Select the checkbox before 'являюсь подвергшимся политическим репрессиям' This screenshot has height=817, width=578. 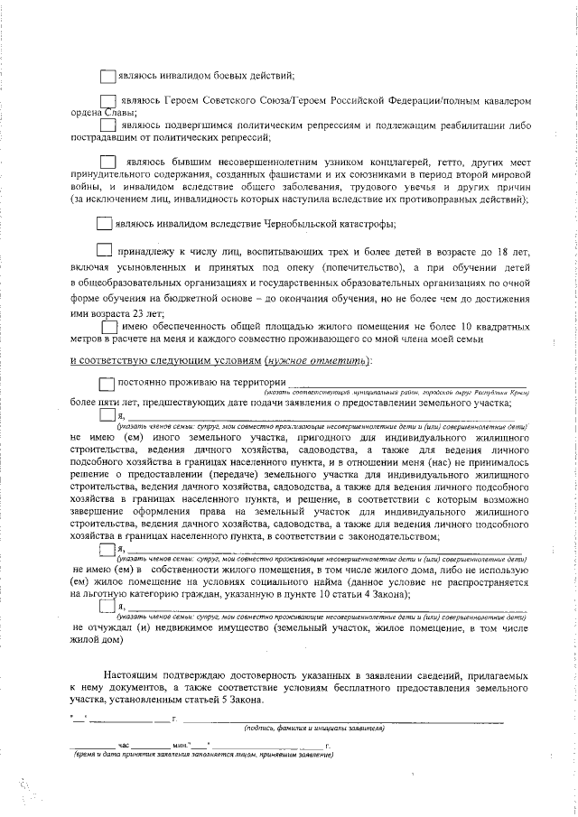[x=107, y=125]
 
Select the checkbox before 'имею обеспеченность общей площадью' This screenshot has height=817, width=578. [x=108, y=327]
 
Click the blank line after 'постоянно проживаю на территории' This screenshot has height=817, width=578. [x=406, y=386]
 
